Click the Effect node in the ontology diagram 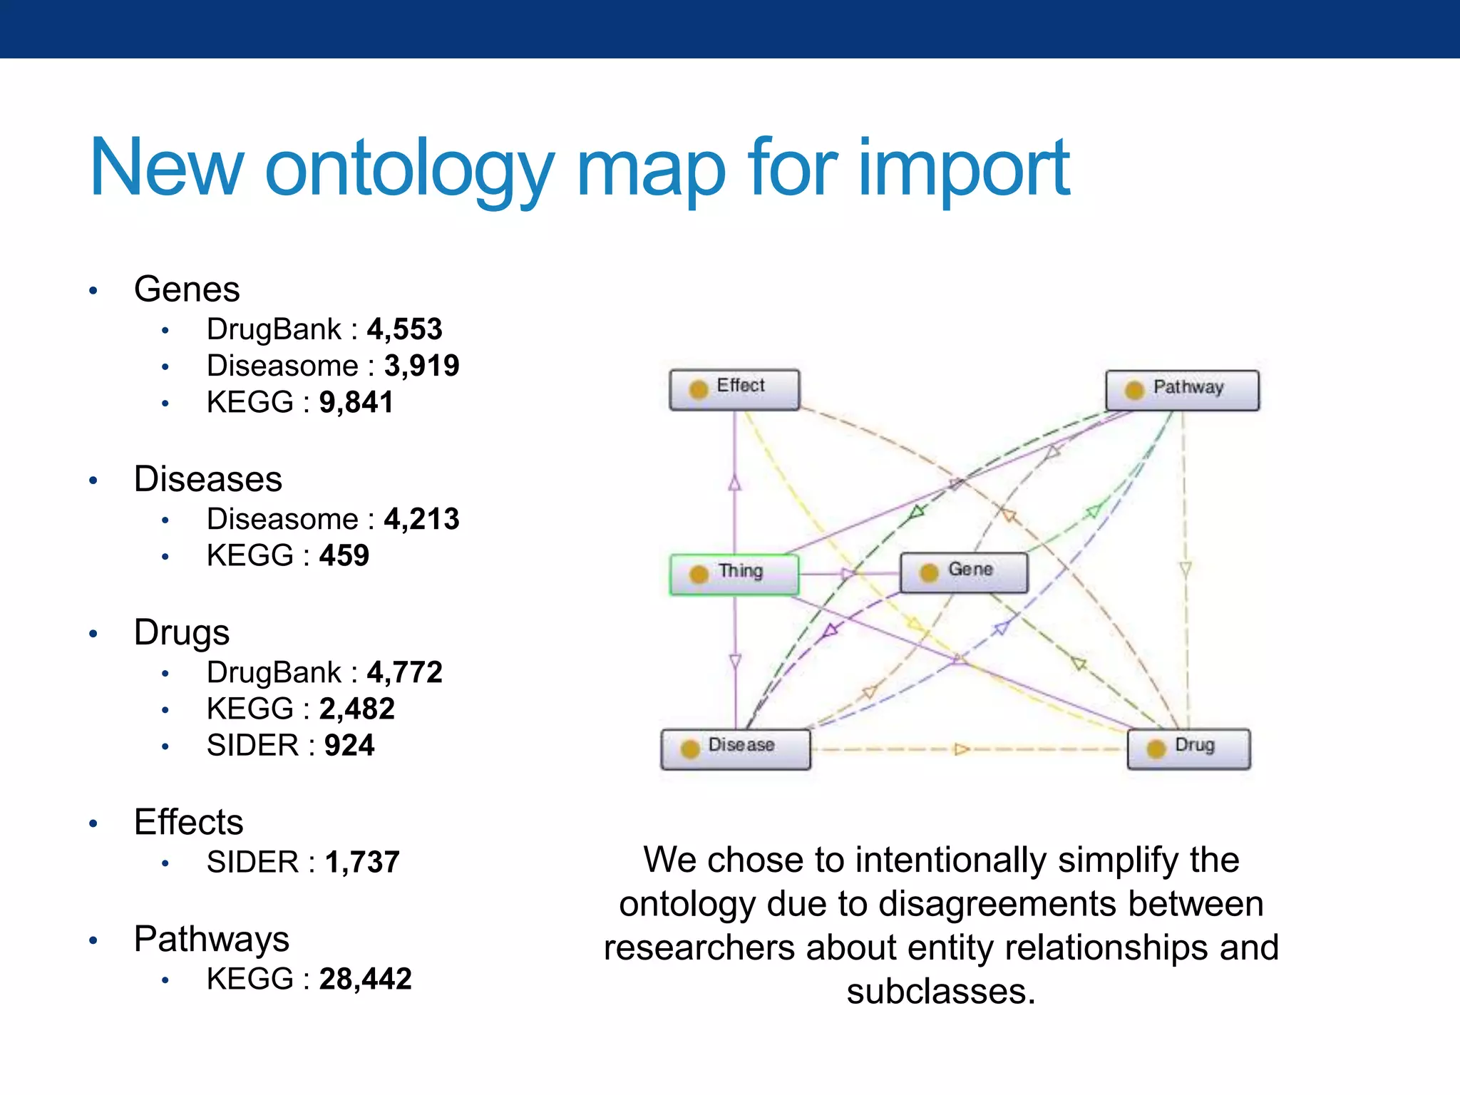tap(734, 389)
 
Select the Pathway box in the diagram tap(1182, 390)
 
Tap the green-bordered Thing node tap(734, 574)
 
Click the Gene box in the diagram tap(964, 572)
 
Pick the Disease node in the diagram tap(735, 749)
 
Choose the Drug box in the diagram tap(1188, 749)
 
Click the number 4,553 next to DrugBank tap(404, 329)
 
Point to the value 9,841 tap(356, 402)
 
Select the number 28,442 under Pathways tap(365, 979)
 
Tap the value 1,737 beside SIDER tap(362, 862)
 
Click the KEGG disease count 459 tap(344, 555)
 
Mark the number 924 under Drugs tap(349, 745)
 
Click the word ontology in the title tap(409, 169)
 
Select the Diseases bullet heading tap(208, 479)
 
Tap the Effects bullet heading tap(189, 822)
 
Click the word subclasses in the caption tap(940, 991)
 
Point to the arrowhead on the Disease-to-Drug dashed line tap(961, 749)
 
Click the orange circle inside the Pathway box tap(1134, 390)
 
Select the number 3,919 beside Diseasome tap(421, 366)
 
